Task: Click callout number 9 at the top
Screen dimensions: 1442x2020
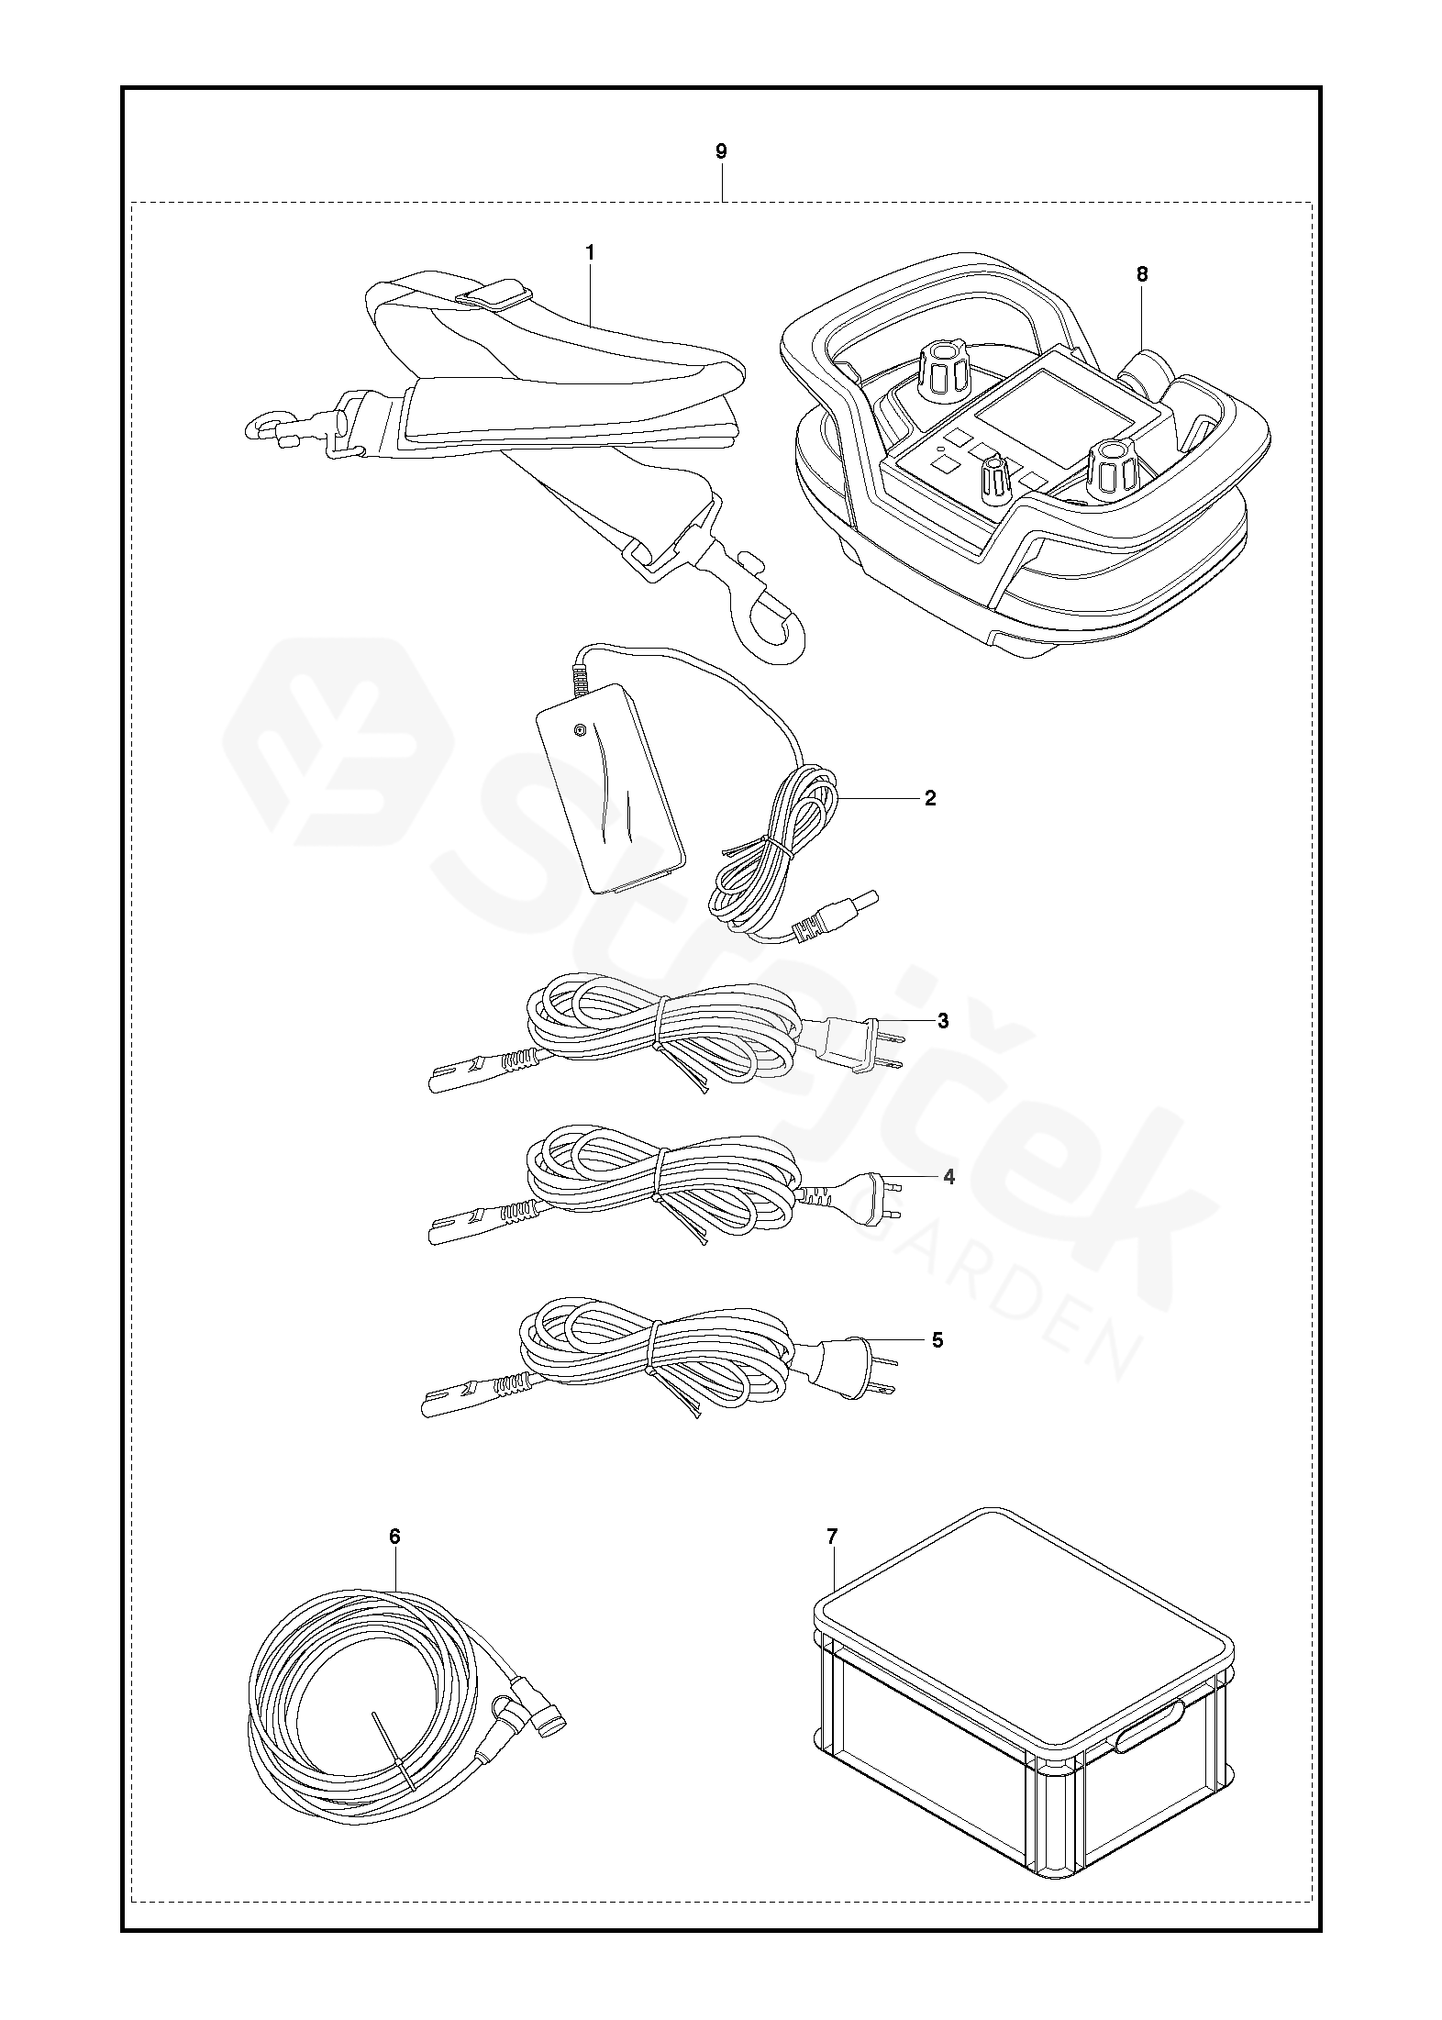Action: (721, 151)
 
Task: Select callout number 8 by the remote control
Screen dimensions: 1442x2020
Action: (1141, 274)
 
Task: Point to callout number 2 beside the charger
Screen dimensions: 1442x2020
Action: (930, 798)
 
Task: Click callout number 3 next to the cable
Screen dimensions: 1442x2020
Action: (943, 1021)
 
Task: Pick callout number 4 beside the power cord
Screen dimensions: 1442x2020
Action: (948, 1177)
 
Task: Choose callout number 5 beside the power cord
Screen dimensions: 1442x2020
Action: (937, 1340)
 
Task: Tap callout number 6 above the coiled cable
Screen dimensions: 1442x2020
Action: (394, 1537)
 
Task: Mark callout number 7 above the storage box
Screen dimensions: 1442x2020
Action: (832, 1537)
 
